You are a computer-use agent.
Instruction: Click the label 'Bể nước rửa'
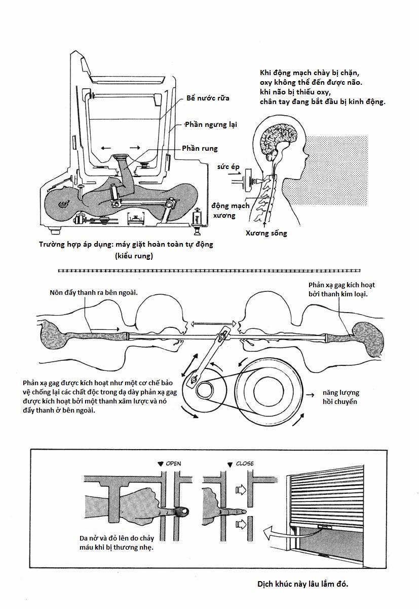tap(208, 97)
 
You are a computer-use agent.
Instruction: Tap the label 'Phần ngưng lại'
tap(211, 124)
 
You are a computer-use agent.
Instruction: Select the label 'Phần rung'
tap(200, 148)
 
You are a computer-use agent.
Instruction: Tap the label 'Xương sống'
tap(266, 233)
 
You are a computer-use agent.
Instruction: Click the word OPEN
tap(173, 463)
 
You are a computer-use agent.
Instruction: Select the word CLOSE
tap(245, 463)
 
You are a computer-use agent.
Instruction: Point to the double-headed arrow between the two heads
tap(212, 323)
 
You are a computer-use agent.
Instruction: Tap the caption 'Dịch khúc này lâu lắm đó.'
tap(302, 584)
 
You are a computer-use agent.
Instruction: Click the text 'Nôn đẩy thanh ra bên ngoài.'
tap(94, 293)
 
